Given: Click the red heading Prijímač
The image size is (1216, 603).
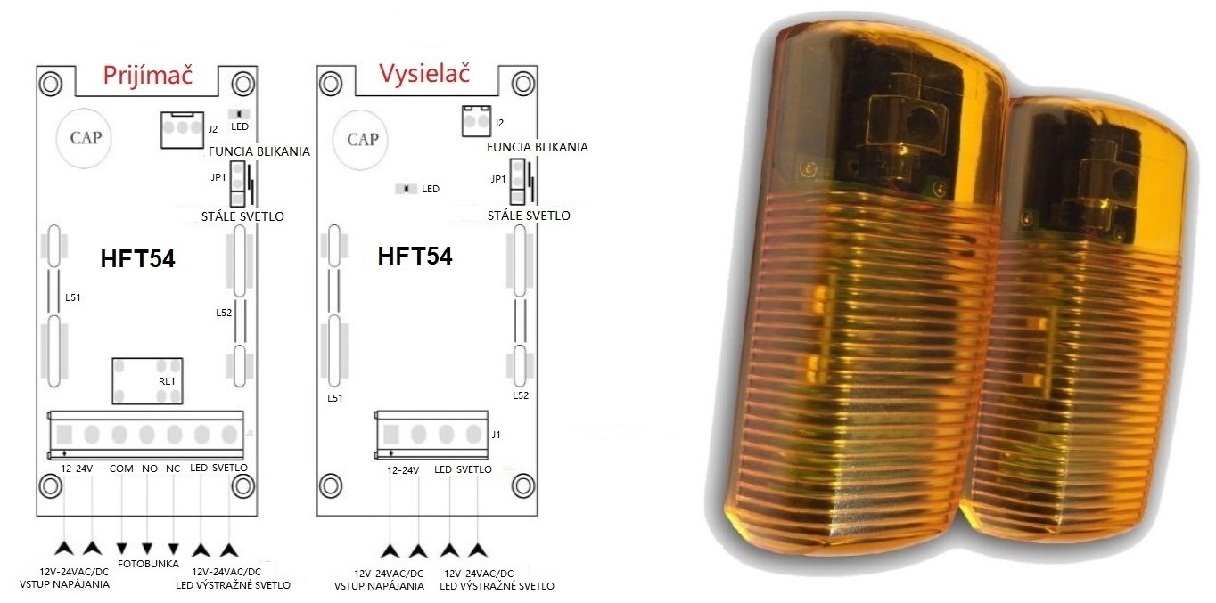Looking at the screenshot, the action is click(148, 76).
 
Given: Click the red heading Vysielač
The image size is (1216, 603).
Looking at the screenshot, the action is click(424, 74).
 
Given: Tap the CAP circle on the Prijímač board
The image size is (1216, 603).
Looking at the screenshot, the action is click(84, 137).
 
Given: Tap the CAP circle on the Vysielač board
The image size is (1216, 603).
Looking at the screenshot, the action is click(362, 139).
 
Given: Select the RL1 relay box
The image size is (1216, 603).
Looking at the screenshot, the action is click(147, 380).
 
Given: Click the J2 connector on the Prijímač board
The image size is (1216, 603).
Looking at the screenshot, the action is click(182, 130).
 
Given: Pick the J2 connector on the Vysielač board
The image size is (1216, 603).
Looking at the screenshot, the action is click(476, 121).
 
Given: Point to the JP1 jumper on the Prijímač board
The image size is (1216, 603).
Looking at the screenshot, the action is click(238, 183).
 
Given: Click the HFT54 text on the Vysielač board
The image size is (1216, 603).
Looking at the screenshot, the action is click(415, 256).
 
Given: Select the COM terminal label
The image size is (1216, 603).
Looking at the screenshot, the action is click(121, 469).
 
